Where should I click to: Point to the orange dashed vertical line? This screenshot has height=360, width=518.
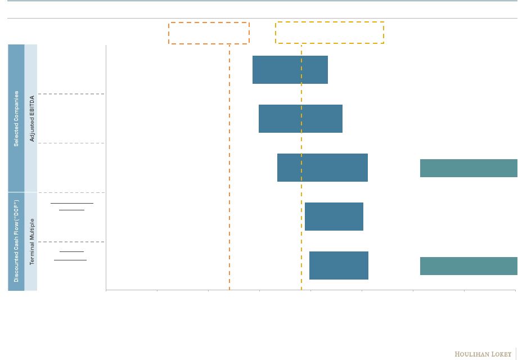pos(229,167)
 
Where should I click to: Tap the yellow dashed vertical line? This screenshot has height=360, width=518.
pos(301,167)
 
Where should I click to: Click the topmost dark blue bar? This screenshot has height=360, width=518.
pos(290,70)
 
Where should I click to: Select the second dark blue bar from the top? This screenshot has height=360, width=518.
pos(300,119)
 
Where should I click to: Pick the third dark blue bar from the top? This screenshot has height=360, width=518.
pos(322,168)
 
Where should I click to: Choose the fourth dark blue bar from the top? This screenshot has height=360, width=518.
pos(334,217)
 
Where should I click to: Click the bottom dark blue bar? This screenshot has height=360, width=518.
pos(339,265)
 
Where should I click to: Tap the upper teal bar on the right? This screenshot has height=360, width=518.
pos(469,168)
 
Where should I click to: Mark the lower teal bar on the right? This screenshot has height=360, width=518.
pos(469,266)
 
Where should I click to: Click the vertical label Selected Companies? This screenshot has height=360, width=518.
pos(16,119)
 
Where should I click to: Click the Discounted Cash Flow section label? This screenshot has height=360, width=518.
pos(16,241)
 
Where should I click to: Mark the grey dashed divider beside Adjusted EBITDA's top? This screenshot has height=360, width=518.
pos(71,94)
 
